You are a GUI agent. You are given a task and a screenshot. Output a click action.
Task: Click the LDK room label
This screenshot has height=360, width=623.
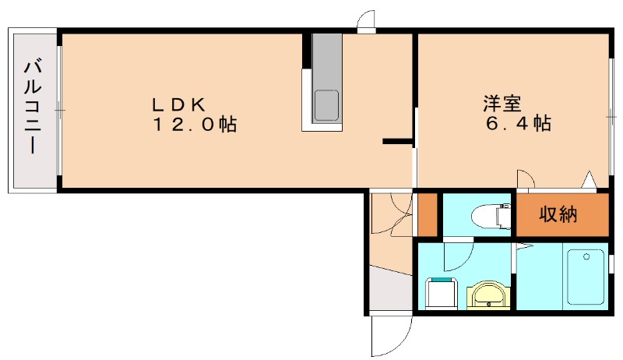coord(179,104)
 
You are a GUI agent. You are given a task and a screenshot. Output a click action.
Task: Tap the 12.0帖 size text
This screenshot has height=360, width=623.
coord(195,125)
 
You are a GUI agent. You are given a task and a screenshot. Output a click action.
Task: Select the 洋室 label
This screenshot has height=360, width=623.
coord(502,104)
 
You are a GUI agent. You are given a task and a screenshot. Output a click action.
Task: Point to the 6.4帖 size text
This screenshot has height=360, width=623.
coord(518,123)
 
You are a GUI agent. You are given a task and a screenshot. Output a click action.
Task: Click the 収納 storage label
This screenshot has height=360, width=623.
coord(558,214)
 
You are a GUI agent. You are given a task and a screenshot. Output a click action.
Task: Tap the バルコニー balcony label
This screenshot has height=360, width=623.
coord(33,106)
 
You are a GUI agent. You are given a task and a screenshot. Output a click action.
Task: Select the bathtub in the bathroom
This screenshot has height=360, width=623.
coord(586,277)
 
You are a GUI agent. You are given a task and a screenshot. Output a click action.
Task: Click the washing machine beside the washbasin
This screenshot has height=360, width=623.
coord(441,293)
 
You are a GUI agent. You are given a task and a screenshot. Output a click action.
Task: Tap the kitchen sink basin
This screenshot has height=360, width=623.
coord(326,106)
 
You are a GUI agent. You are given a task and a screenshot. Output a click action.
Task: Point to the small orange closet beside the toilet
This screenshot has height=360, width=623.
coord(428,214)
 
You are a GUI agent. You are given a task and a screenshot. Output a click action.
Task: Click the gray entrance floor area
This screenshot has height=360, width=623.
coord(391,289)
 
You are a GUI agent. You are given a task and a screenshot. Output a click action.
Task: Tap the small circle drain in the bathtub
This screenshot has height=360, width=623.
coord(586,257)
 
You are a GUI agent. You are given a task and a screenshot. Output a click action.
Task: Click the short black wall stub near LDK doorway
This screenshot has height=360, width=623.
coord(397,141)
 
